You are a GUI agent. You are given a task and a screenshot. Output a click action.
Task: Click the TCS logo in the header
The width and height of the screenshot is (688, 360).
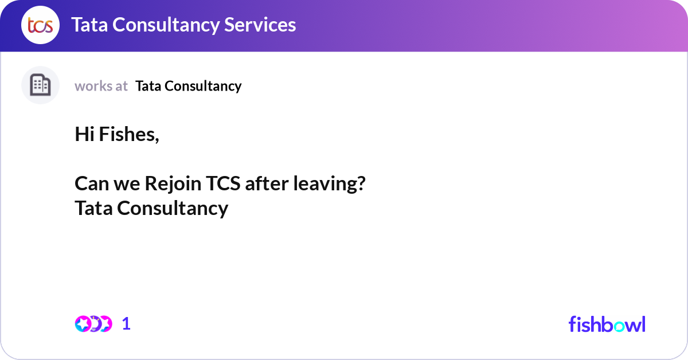40,25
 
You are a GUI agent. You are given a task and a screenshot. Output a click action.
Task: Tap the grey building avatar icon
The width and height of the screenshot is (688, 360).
40,85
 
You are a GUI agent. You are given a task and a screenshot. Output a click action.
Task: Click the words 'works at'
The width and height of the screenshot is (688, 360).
101,86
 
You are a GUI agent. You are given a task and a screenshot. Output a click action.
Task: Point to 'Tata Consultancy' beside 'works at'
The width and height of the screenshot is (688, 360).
188,86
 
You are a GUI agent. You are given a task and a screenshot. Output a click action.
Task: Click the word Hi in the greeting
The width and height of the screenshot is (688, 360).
85,135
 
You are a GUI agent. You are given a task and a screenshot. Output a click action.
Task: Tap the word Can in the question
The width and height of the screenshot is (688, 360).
90,184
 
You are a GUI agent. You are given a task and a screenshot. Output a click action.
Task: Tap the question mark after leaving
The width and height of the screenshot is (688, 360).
361,184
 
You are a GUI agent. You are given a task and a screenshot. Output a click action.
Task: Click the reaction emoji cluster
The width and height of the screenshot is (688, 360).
93,323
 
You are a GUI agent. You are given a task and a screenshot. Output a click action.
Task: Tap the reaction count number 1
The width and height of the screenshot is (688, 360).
126,323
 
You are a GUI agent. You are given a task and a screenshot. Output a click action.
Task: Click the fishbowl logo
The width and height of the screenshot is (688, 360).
607,324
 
